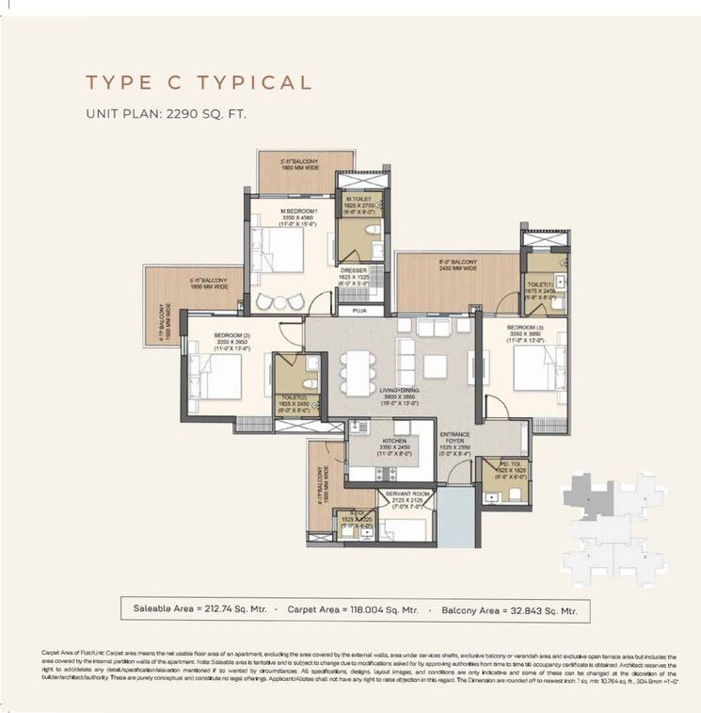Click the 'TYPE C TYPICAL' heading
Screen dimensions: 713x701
199,82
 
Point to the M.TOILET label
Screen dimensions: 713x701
358,200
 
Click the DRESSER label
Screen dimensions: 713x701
354,270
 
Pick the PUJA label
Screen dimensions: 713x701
359,309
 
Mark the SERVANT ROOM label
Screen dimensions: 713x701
407,494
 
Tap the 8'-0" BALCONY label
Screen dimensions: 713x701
458,263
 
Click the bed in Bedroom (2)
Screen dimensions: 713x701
215,374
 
